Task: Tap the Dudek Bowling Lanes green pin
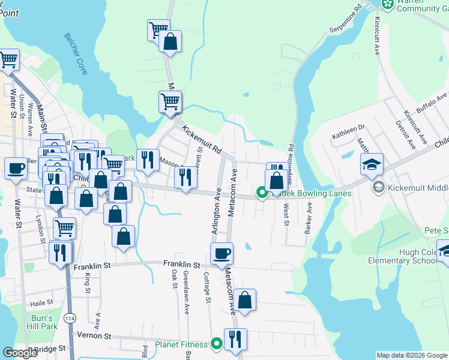(262, 193)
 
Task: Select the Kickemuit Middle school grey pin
(379, 188)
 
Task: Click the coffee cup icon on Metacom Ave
(221, 254)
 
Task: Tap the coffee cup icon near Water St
(16, 168)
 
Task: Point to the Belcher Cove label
(76, 54)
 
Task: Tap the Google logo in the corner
(20, 353)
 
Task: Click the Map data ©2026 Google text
(412, 355)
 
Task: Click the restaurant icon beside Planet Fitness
(235, 339)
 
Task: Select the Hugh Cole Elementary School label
(403, 256)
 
